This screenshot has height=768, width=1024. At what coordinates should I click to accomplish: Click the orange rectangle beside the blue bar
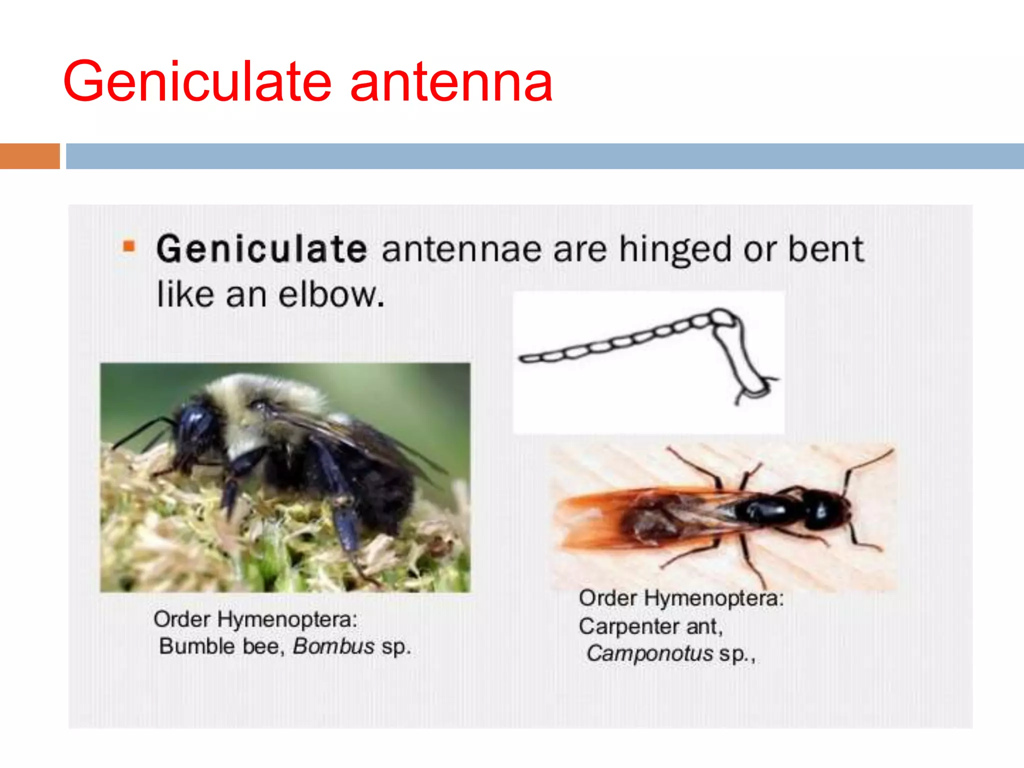pyautogui.click(x=29, y=156)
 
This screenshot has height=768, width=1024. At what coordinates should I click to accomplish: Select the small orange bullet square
pyautogui.click(x=129, y=246)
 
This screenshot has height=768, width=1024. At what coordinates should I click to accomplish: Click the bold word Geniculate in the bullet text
pyautogui.click(x=261, y=249)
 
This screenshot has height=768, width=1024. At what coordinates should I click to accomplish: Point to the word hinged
pyautogui.click(x=675, y=250)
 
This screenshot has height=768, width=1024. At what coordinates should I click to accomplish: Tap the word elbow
pyautogui.click(x=331, y=295)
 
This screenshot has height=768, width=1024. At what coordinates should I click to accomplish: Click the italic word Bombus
pyautogui.click(x=333, y=646)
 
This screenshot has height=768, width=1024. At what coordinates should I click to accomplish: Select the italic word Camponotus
pyautogui.click(x=649, y=653)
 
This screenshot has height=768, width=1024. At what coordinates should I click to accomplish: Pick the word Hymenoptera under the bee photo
pyautogui.click(x=287, y=619)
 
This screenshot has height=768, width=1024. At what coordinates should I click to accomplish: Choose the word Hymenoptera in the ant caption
pyautogui.click(x=713, y=598)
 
